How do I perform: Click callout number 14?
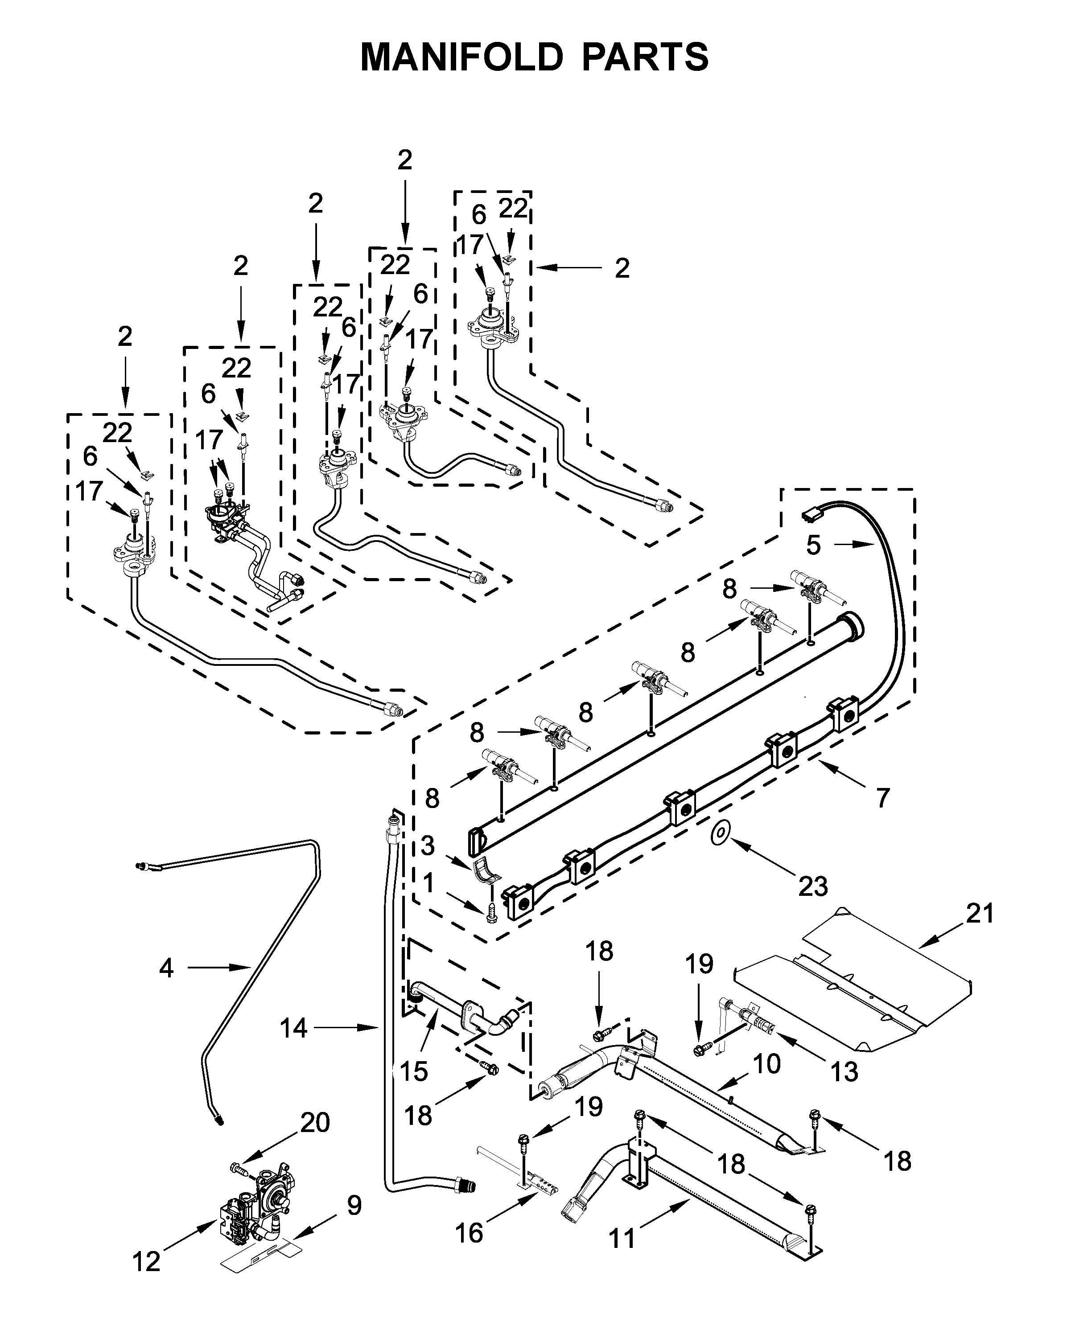tap(293, 1027)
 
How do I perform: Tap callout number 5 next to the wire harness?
tap(813, 545)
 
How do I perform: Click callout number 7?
tap(882, 797)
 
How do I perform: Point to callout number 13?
tap(844, 1071)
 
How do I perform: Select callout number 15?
tap(414, 1071)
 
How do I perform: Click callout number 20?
tap(315, 1123)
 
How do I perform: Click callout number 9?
tap(354, 1206)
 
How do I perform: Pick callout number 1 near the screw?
tap(428, 883)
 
